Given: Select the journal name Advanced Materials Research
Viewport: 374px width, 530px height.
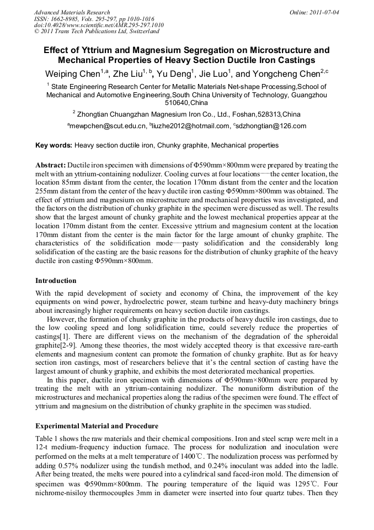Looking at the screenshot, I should (x=72, y=12).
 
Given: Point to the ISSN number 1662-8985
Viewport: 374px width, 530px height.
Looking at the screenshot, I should (x=67, y=19).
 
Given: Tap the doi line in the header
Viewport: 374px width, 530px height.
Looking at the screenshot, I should (x=99, y=25).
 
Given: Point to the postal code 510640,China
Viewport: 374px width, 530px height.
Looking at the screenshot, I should (x=186, y=103).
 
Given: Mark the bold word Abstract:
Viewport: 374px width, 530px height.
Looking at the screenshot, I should (x=51, y=165).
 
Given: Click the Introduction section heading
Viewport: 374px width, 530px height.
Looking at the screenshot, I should (x=56, y=281).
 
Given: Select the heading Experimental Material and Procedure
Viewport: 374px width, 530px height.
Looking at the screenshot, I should (x=97, y=426).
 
